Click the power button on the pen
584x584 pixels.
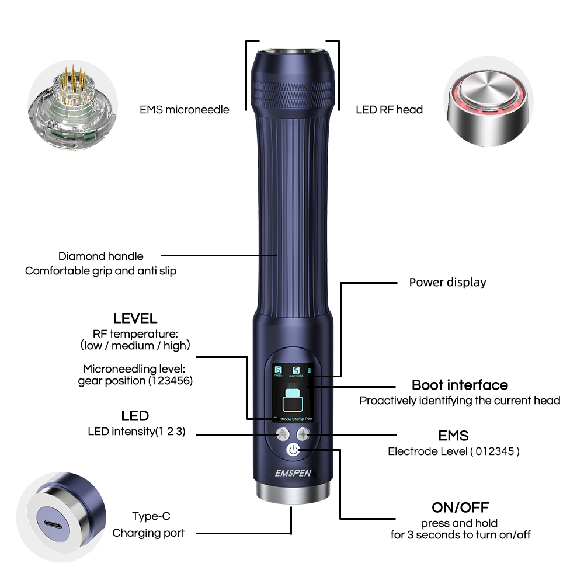[x=293, y=450]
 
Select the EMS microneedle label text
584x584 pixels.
[x=185, y=109]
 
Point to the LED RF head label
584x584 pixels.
[x=389, y=109]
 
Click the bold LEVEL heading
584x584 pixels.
[x=135, y=318]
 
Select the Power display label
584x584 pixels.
[x=447, y=282]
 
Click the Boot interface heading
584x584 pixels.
[x=460, y=385]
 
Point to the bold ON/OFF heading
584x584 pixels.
[x=460, y=507]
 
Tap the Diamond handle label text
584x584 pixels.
[x=100, y=256]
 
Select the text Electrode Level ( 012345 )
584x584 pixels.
[x=453, y=451]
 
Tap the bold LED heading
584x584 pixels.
[x=135, y=416]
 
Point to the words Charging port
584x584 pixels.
[x=148, y=533]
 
